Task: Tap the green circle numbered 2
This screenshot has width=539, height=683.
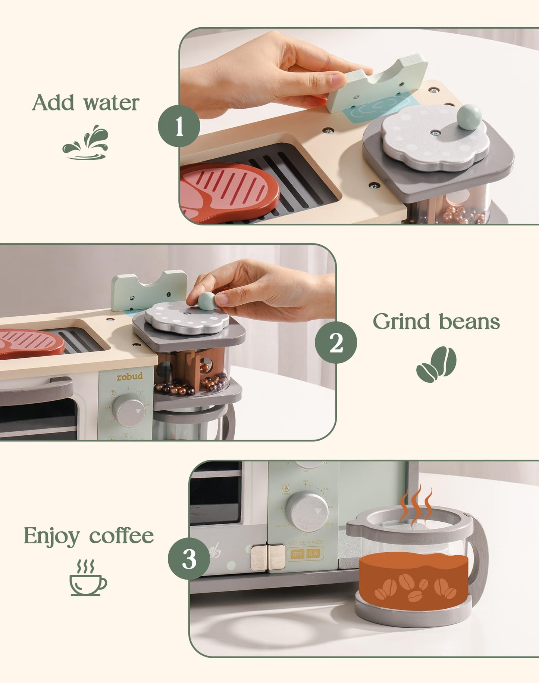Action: pos(336,342)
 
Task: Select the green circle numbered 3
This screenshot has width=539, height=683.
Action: pos(189,559)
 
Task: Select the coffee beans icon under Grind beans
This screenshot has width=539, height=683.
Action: pos(436,364)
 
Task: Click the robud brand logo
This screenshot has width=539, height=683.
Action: pos(130,376)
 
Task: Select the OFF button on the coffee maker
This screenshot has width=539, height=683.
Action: pos(298,554)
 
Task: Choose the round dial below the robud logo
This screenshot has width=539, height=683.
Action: pos(129,410)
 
